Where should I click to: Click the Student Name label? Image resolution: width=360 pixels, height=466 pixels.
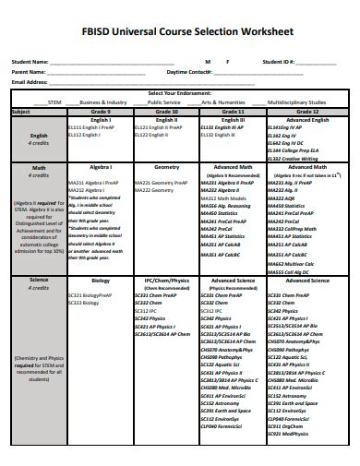[x=30, y=62]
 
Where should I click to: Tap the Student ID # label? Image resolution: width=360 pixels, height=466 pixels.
[x=278, y=62]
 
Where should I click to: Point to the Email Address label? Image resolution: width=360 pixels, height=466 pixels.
[x=30, y=81]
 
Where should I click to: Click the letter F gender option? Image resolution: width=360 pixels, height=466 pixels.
[x=227, y=62]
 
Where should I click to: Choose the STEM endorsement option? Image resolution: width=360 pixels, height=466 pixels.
[x=54, y=102]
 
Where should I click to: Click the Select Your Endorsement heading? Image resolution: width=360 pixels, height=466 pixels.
[x=180, y=94]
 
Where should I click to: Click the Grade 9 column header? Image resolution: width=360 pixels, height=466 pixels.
[x=101, y=111]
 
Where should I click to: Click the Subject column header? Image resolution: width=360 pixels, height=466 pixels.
[x=20, y=111]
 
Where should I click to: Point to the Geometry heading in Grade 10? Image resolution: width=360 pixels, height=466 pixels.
[x=166, y=167]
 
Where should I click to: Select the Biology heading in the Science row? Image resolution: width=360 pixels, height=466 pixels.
[x=101, y=278]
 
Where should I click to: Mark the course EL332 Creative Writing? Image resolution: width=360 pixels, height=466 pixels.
[x=294, y=159]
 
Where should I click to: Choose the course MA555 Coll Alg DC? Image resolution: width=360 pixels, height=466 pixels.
[x=289, y=272]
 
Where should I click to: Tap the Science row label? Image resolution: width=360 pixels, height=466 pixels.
[x=39, y=278]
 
